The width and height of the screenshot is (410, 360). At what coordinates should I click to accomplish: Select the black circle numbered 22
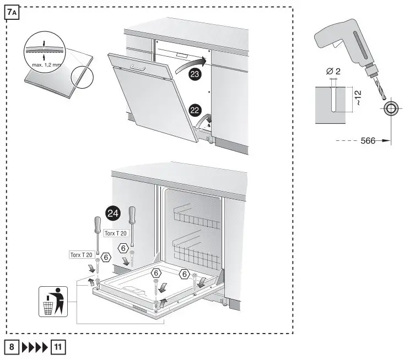tap(195, 110)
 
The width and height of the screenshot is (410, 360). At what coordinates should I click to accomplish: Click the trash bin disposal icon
tap(53, 301)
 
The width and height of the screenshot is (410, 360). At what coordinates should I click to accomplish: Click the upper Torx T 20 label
tap(116, 233)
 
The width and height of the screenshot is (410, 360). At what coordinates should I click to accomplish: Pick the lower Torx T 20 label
tap(80, 254)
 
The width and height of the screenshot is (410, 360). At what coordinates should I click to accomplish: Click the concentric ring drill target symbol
tap(391, 108)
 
